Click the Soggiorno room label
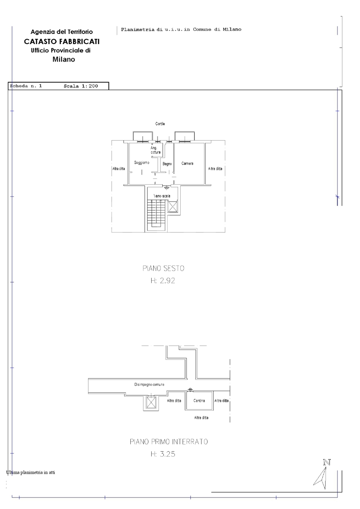click(x=142, y=162)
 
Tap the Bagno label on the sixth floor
click(x=167, y=164)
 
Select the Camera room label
click(x=188, y=163)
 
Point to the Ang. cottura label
click(x=156, y=150)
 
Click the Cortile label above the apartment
click(x=160, y=124)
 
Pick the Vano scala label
click(x=162, y=196)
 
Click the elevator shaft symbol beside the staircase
click(x=172, y=207)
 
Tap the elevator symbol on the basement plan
click(x=151, y=402)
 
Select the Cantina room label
click(x=199, y=400)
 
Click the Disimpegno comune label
click(x=150, y=384)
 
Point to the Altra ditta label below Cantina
click(x=202, y=417)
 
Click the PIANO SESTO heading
click(x=163, y=268)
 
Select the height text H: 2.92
click(x=163, y=281)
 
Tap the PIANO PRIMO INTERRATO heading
click(x=169, y=442)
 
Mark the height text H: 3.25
click(x=163, y=454)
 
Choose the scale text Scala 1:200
click(x=81, y=86)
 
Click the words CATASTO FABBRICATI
click(x=62, y=42)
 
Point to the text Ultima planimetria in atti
click(x=31, y=472)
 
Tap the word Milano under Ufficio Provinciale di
click(x=63, y=60)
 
